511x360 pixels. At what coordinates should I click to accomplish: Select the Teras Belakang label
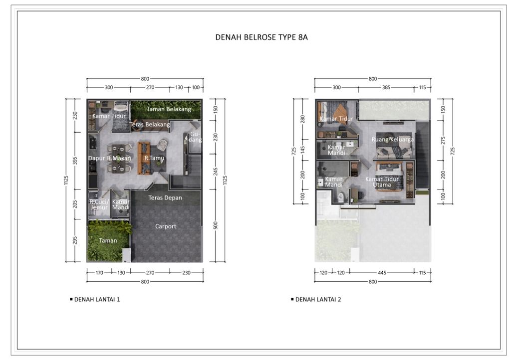tap(150, 124)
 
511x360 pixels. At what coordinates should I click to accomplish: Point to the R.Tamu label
tap(154, 158)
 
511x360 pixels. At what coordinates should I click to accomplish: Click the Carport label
tap(165, 226)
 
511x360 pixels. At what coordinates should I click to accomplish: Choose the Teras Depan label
tap(165, 198)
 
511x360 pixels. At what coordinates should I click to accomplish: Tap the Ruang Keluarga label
tap(392, 140)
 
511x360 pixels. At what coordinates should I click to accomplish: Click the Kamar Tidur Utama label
tap(382, 182)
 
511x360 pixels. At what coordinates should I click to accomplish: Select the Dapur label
tap(96, 159)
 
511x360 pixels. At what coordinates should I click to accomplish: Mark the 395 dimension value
tap(75, 161)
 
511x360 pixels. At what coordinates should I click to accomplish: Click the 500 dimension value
tap(216, 226)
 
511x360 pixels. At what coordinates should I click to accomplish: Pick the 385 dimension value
tap(385, 87)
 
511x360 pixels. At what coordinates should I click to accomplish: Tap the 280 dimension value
tap(302, 119)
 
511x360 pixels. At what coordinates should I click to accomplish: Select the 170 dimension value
tap(98, 272)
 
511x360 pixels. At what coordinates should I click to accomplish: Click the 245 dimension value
tap(216, 172)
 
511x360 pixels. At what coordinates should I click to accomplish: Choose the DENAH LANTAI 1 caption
tap(97, 300)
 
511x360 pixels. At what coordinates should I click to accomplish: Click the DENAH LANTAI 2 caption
tap(318, 300)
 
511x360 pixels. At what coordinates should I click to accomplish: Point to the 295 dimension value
tap(75, 241)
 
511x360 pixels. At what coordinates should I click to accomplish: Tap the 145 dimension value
tap(302, 150)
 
